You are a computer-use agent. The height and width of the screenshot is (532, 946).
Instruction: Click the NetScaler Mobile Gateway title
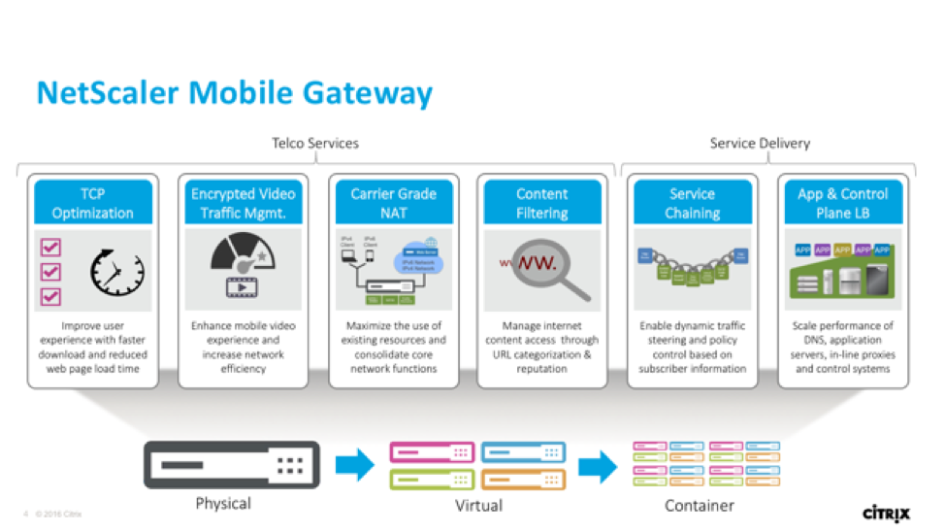[x=234, y=93]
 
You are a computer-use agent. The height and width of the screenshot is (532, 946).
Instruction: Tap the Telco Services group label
[x=314, y=144]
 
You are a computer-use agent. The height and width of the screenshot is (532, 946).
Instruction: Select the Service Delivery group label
[x=759, y=144]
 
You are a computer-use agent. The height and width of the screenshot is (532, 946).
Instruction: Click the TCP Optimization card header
[x=93, y=203]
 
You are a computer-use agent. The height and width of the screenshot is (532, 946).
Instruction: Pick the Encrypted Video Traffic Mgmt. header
[x=244, y=203]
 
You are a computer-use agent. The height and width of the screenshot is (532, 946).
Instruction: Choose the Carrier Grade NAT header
[x=394, y=203]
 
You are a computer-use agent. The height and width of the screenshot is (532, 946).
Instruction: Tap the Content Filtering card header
[x=541, y=203]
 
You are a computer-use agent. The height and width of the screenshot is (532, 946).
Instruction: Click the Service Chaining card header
[x=692, y=203]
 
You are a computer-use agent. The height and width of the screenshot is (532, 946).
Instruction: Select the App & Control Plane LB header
[x=842, y=203]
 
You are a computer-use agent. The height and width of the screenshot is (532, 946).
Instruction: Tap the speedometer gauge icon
[x=242, y=255]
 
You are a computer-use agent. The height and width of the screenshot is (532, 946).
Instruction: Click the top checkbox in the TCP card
[x=51, y=249]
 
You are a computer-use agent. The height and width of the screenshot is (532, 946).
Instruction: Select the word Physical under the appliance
[x=222, y=503]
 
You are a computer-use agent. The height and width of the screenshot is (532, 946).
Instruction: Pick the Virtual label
[x=478, y=505]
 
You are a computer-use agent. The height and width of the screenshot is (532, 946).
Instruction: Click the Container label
[x=699, y=505]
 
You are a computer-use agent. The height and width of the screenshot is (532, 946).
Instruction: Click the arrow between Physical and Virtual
[x=355, y=464]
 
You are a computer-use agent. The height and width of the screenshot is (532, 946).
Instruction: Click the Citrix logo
[x=886, y=513]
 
